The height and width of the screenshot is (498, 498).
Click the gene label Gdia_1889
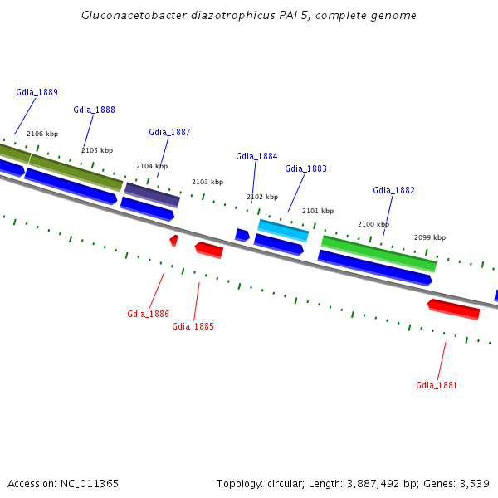[37, 92]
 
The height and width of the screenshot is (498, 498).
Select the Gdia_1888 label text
[94, 110]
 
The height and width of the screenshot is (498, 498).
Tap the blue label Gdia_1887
[169, 132]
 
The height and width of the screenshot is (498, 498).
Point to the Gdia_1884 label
[256, 156]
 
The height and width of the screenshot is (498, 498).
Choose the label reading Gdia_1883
[305, 168]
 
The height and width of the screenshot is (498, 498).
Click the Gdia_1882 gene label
[393, 190]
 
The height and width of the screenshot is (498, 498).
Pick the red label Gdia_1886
[148, 314]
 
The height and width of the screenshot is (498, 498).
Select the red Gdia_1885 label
[193, 326]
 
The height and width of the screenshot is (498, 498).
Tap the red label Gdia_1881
[437, 385]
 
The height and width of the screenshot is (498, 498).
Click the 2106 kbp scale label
[42, 134]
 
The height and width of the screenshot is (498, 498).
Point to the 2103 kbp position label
[207, 182]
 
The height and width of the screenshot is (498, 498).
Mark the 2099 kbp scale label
[430, 237]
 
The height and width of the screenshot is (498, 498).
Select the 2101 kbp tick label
[318, 211]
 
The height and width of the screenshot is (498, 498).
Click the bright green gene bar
[378, 252]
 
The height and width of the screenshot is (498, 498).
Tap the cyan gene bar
[283, 230]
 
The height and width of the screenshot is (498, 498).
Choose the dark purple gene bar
[152, 194]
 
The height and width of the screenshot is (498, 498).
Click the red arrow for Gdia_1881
[454, 309]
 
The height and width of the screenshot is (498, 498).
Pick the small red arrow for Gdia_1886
[174, 240]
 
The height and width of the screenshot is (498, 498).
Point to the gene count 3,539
[473, 483]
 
